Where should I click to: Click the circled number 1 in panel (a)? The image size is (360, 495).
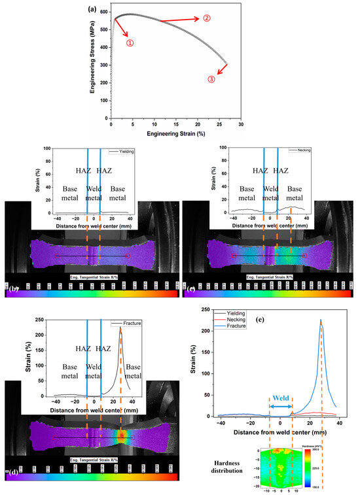[130, 43]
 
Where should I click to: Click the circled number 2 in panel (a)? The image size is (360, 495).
[207, 18]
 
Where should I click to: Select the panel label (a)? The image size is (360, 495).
[93, 9]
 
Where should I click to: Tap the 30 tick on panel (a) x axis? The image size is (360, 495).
[242, 124]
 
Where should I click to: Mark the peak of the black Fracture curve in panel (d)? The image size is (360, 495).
[120, 328]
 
